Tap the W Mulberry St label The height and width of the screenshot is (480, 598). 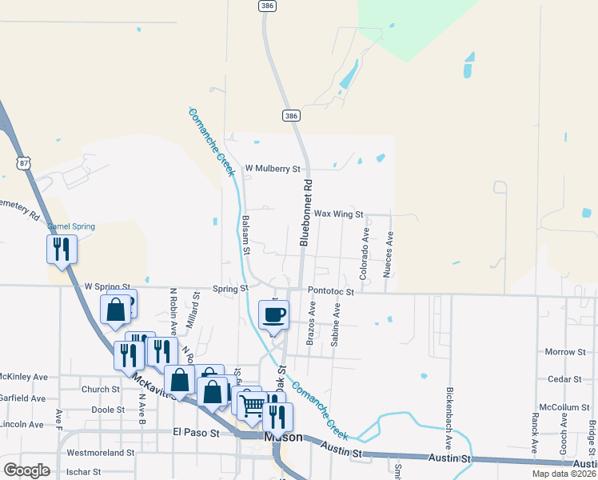pos(272,169)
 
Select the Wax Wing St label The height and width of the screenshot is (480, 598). pos(338,214)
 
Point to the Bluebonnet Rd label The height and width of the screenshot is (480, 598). pos(305,212)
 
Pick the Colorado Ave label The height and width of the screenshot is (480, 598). pos(365,254)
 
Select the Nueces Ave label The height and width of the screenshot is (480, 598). pos(389,254)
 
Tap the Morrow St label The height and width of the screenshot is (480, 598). pos(565,352)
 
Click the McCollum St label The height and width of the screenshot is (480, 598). pos(564,407)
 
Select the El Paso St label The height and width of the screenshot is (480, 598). pos(196,433)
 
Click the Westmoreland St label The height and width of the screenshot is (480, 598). pos(100,453)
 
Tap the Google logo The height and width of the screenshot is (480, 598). pos(26,470)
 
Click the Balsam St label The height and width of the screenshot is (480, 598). pos(247,236)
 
